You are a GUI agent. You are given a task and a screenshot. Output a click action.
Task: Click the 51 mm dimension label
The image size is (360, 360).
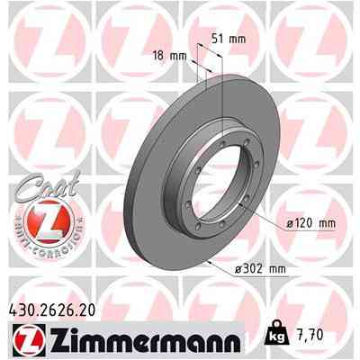229,40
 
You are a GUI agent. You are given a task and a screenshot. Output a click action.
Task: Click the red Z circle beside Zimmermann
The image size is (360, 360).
25,340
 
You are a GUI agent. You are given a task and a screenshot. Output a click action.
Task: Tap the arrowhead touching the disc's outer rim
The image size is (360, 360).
210,262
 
